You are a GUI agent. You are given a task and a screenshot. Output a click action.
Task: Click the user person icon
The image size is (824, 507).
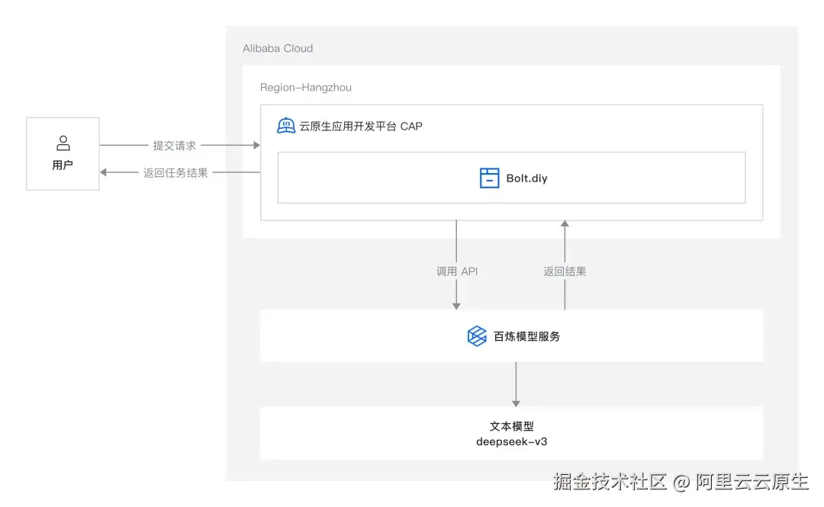pos(63,143)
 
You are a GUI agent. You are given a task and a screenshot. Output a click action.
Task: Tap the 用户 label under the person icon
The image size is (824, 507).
pos(63,165)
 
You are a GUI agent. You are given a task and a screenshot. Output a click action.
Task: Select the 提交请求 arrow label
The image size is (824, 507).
pos(175,145)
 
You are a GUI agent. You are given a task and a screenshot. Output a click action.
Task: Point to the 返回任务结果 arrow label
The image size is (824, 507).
pos(175,173)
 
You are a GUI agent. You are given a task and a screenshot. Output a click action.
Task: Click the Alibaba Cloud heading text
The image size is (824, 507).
pos(278,48)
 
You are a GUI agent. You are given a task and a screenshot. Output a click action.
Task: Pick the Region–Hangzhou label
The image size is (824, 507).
pos(306,88)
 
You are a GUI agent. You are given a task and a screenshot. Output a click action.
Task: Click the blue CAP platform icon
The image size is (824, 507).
pos(286,126)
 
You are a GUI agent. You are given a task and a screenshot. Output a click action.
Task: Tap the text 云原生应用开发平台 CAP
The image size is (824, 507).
pos(361,126)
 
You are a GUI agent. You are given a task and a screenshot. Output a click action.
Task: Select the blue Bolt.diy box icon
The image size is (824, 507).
pos(489,178)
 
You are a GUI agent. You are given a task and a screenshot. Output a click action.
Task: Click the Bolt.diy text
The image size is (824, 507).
pos(527,178)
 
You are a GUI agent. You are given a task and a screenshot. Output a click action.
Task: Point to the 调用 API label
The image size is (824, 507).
pos(457,271)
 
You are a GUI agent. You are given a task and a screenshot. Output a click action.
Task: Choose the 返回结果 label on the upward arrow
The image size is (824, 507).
pos(565,271)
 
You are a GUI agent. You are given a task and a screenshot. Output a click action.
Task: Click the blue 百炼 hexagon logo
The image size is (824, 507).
pos(477,335)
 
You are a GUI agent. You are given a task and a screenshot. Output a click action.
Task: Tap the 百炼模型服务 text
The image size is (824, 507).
pos(527,335)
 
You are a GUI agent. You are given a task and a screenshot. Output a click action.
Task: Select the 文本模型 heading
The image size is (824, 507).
pos(511,427)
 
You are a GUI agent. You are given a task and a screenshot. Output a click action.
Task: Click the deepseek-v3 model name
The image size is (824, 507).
pos(511,441)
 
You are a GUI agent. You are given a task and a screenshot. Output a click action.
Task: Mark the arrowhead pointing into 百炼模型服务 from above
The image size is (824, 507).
pos(457,305)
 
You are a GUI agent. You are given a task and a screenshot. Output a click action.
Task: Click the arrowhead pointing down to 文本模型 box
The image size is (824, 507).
pos(517,402)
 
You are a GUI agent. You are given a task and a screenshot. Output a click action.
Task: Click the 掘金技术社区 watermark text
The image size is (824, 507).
pos(610,482)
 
